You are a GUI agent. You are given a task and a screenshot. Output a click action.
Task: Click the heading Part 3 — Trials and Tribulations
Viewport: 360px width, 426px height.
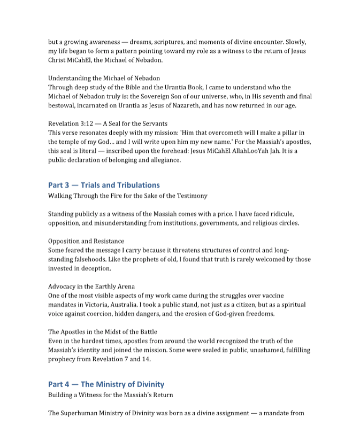(x=104, y=185)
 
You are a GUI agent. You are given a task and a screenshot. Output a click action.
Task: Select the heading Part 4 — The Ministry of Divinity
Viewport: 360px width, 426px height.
(x=106, y=384)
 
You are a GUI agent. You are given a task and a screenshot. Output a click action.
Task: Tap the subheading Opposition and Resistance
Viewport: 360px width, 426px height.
(x=86, y=241)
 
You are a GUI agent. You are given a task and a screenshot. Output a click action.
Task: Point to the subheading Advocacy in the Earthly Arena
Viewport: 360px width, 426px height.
(x=91, y=286)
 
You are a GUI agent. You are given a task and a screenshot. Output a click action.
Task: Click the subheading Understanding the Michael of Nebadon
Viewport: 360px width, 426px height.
(x=104, y=78)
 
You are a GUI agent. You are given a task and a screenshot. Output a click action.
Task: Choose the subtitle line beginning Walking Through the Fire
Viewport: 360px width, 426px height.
(x=127, y=196)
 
